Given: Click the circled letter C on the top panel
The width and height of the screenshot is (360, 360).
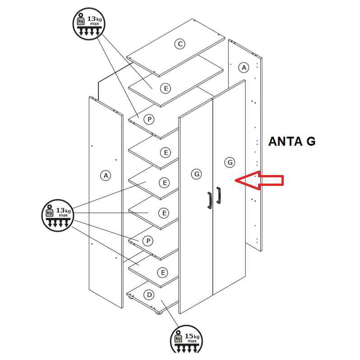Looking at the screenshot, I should click(180, 44).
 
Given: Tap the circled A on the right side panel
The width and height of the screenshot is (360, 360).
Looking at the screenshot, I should click(244, 68).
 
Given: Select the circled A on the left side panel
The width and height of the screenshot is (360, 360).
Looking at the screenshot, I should click(106, 175).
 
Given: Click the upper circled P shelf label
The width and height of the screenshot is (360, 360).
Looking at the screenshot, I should click(149, 119).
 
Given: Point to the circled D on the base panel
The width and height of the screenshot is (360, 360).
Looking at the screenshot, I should click(149, 295).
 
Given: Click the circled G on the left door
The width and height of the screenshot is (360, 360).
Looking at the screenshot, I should click(196, 174).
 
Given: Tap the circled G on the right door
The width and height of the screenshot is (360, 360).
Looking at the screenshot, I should click(230, 162).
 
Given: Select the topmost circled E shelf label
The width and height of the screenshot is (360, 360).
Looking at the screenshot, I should click(166, 88).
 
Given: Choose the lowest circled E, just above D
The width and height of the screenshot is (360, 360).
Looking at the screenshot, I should click(163, 272).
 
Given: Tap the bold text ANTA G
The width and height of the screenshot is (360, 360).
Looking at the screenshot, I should click(292, 142).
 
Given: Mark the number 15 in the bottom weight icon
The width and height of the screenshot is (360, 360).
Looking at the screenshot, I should click(189, 336).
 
